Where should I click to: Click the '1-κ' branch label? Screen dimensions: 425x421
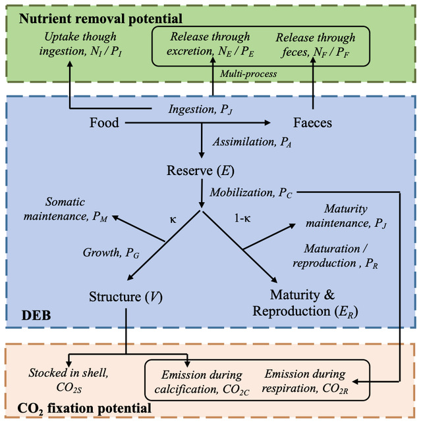(242, 216)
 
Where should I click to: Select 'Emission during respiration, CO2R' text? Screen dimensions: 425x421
(304, 380)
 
